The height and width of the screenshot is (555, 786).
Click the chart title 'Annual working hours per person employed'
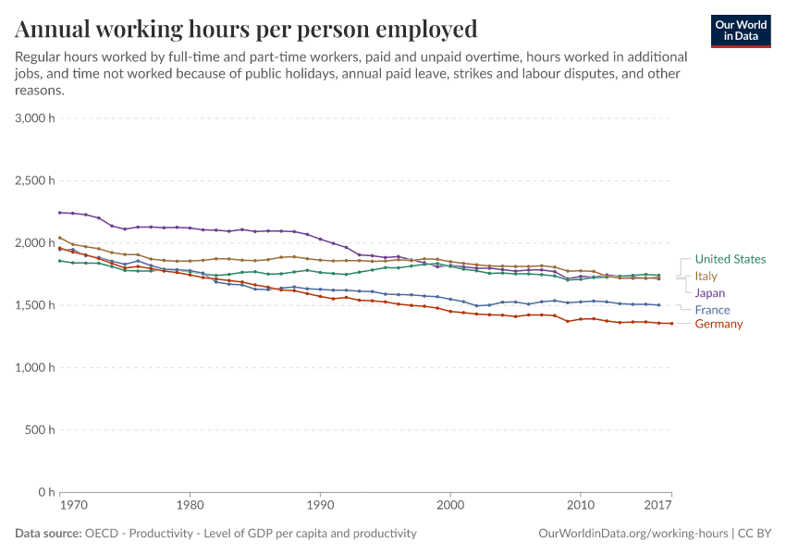point(246,30)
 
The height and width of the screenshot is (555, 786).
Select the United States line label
point(730,259)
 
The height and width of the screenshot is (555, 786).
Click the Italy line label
point(706,276)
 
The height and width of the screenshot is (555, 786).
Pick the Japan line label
point(710,293)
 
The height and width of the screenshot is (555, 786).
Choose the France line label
point(712,310)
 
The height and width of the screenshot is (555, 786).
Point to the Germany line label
point(718,324)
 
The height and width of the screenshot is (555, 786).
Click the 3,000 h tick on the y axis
point(35,118)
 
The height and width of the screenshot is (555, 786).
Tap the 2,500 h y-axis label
point(35,180)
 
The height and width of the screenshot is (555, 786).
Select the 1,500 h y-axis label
point(35,305)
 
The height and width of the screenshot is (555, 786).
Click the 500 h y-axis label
point(39,430)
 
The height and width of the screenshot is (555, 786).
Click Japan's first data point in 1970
point(60,213)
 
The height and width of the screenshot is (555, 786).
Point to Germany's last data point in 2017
point(671,323)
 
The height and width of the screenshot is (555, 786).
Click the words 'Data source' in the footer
point(48,534)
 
